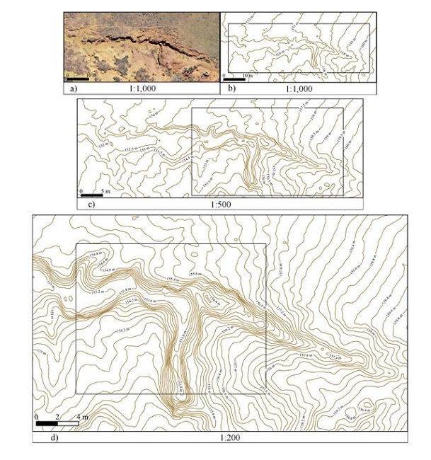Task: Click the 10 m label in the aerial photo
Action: [91, 74]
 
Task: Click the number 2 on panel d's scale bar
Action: [57, 416]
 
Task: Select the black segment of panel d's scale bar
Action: [47, 423]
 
